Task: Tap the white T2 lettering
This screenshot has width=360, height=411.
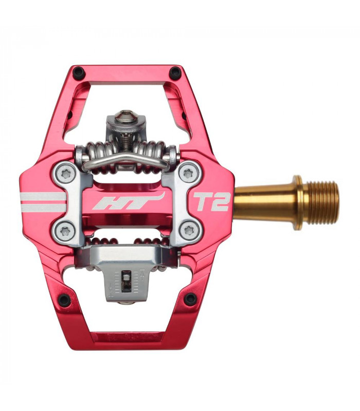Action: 211,201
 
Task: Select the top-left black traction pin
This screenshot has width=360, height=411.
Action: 78,71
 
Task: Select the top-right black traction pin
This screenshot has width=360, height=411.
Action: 175,71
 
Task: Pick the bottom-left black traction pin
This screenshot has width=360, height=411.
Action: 64,299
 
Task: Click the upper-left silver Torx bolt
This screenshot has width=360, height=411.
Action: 64,175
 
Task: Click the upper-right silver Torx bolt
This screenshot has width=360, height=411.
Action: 189,174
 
